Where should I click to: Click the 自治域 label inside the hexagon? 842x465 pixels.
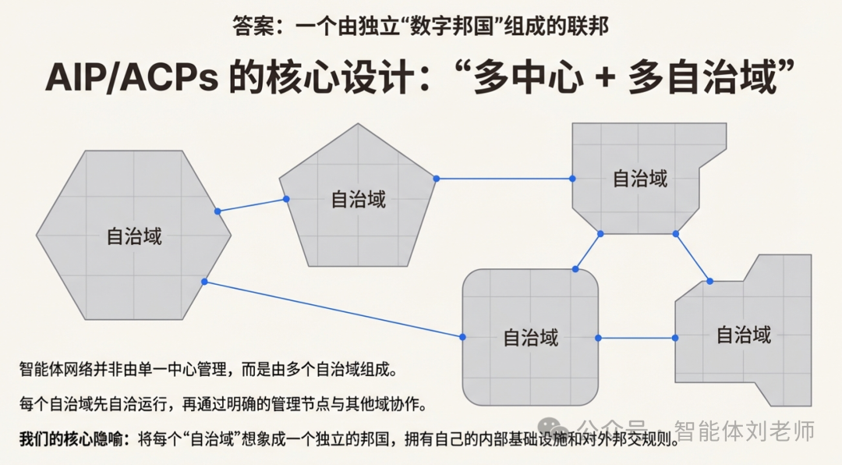[134, 236]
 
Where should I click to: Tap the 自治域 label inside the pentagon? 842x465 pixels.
[359, 199]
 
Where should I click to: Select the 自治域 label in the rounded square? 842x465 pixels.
[531, 338]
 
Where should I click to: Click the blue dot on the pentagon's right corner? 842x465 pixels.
[437, 179]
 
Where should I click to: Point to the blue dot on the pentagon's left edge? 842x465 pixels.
[286, 200]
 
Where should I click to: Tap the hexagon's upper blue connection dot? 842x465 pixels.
[218, 211]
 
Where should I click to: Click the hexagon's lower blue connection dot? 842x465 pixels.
[204, 282]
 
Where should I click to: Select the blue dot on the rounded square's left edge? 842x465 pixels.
[462, 337]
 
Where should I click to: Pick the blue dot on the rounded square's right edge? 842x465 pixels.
[598, 338]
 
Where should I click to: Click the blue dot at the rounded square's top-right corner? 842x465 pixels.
[575, 269]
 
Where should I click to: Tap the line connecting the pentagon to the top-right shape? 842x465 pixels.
[504, 179]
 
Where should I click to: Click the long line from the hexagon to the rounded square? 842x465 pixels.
[333, 309]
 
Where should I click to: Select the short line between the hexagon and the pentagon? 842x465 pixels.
[252, 205]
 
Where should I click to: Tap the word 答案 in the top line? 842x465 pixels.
[251, 26]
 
